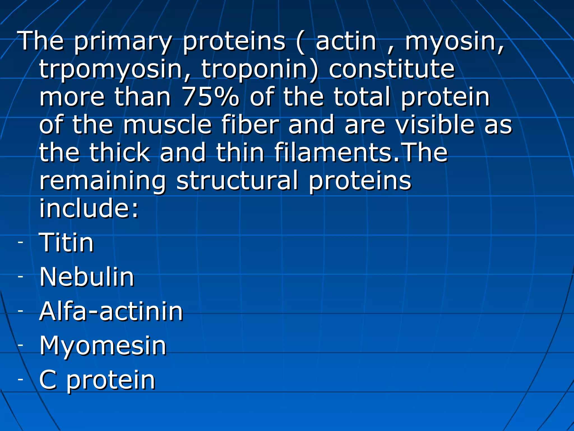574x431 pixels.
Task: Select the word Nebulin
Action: pyautogui.click(x=87, y=277)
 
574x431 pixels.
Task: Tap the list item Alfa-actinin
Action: pyautogui.click(x=111, y=311)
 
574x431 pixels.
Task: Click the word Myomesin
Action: pyautogui.click(x=103, y=346)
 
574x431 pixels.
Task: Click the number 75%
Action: pyautogui.click(x=210, y=97)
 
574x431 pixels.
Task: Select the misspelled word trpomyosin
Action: pyautogui.click(x=111, y=69)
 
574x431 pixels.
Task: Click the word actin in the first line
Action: pyautogui.click(x=346, y=41)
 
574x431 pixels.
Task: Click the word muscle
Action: pyautogui.click(x=167, y=125)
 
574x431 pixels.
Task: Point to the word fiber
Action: pyautogui.click(x=250, y=125)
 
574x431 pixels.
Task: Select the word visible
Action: pyautogui.click(x=435, y=125)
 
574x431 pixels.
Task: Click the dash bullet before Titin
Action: pyautogui.click(x=20, y=242)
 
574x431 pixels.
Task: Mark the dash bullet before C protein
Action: pyautogui.click(x=20, y=379)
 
